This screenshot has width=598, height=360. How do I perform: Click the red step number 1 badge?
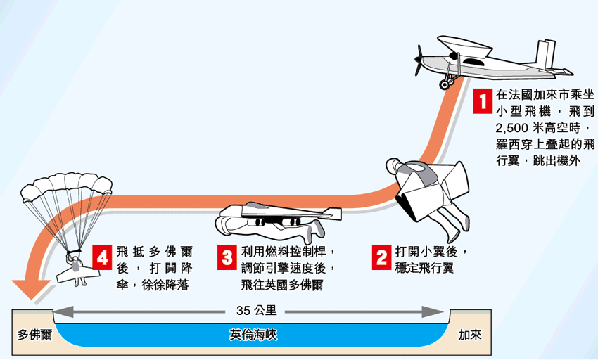point(481,101)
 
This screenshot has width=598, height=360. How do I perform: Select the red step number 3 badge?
point(228,257)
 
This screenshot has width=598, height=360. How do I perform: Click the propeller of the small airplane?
point(419,60)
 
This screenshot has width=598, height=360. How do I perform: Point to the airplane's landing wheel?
point(445,84)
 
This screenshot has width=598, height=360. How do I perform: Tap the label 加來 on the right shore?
point(469,335)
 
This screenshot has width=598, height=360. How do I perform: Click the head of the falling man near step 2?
point(394,167)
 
